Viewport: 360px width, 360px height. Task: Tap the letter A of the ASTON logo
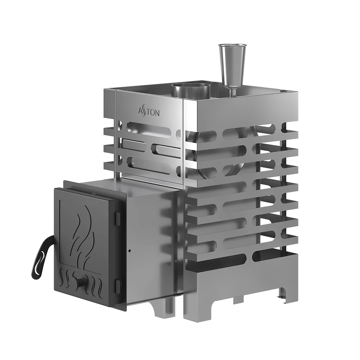pyautogui.click(x=141, y=111)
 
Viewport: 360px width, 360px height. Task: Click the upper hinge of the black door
pyautogui.click(x=117, y=217)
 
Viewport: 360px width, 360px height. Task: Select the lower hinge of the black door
pyautogui.click(x=117, y=286)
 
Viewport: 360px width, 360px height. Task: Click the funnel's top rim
pyautogui.click(x=232, y=46)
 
